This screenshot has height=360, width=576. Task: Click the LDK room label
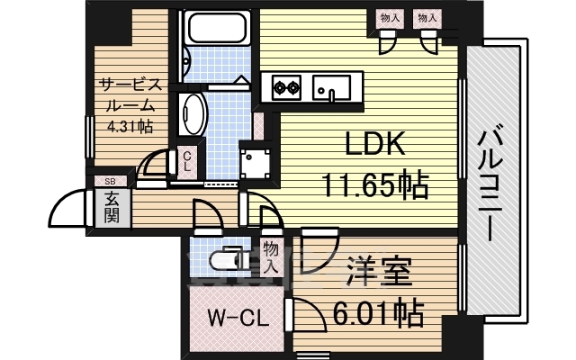coord(365,144)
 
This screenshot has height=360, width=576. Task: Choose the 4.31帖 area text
coord(130,127)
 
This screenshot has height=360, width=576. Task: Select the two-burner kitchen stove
coord(285,88)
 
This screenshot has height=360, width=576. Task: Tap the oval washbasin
coord(193,112)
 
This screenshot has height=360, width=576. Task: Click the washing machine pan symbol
coord(256,162)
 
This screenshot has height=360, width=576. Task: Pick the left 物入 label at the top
coord(390,17)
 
